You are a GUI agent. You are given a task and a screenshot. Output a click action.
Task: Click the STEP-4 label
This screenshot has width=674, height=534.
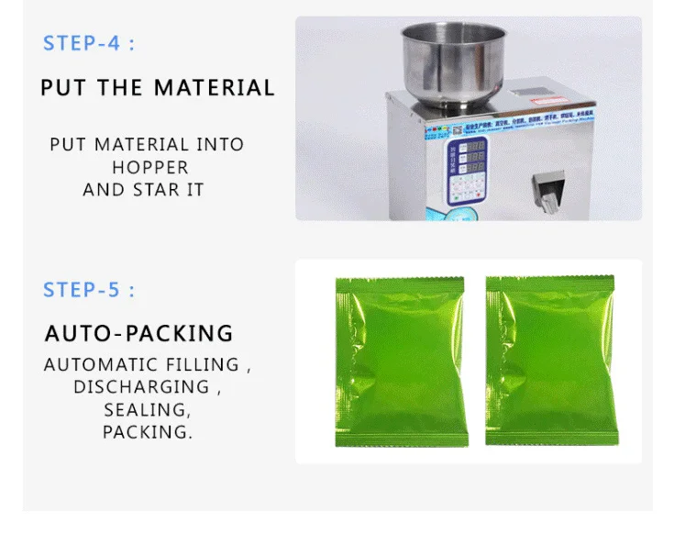(x=88, y=43)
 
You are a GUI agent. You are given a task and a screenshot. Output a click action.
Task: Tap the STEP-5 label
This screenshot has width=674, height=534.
(x=88, y=290)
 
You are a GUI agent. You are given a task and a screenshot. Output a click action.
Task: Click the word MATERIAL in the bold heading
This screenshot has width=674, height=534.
(x=214, y=88)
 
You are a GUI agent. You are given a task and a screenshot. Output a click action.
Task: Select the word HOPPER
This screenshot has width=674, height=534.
(x=150, y=168)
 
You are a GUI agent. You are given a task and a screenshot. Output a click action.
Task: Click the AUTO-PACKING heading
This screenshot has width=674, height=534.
(x=139, y=332)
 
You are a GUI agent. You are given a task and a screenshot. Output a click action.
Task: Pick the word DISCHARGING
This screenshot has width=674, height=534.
(x=141, y=386)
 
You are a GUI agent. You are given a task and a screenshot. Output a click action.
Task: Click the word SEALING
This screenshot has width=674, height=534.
(x=147, y=409)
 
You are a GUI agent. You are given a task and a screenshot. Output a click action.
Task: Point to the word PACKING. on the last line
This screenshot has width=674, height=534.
(x=148, y=431)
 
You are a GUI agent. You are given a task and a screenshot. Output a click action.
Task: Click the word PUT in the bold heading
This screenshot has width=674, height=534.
(x=62, y=88)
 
